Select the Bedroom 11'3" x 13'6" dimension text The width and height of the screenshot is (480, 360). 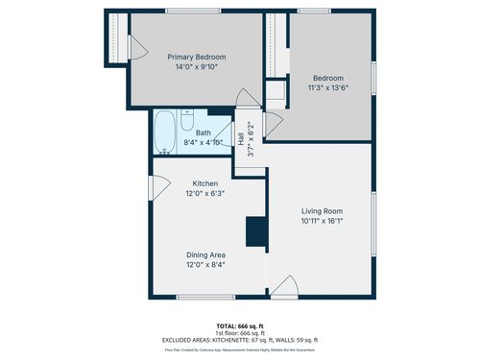click(x=326, y=88)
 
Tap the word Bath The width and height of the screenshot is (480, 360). click(x=204, y=132)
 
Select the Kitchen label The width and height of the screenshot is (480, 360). click(x=205, y=183)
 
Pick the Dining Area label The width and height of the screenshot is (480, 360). click(x=205, y=254)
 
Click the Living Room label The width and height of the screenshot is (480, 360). click(x=322, y=211)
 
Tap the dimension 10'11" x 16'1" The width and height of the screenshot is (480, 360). click(x=322, y=222)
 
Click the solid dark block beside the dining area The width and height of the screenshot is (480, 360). click(x=256, y=232)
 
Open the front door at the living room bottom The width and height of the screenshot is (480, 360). click(x=284, y=287)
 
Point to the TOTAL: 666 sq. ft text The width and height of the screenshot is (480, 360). click(x=240, y=325)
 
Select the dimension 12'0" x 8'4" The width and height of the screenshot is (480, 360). click(x=205, y=265)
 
